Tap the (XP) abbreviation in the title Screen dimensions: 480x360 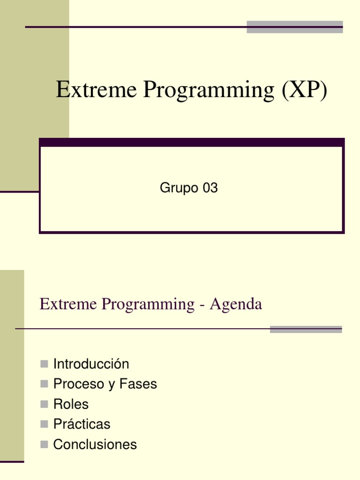click(304, 90)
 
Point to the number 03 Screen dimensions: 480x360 click(210, 188)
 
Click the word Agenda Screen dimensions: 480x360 click(236, 304)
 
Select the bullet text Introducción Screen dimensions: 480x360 click(91, 364)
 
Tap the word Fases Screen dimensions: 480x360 click(138, 384)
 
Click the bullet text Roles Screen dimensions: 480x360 click(71, 404)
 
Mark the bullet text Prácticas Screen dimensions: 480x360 click(82, 424)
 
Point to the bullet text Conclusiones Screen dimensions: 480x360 click(95, 444)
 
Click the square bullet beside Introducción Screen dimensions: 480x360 click(45, 364)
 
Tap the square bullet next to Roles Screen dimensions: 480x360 click(45, 404)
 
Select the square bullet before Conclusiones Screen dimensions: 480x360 click(45, 444)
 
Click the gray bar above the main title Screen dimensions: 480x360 click(294, 27)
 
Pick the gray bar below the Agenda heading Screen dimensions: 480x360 click(306, 330)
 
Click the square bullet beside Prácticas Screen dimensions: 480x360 click(45, 424)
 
